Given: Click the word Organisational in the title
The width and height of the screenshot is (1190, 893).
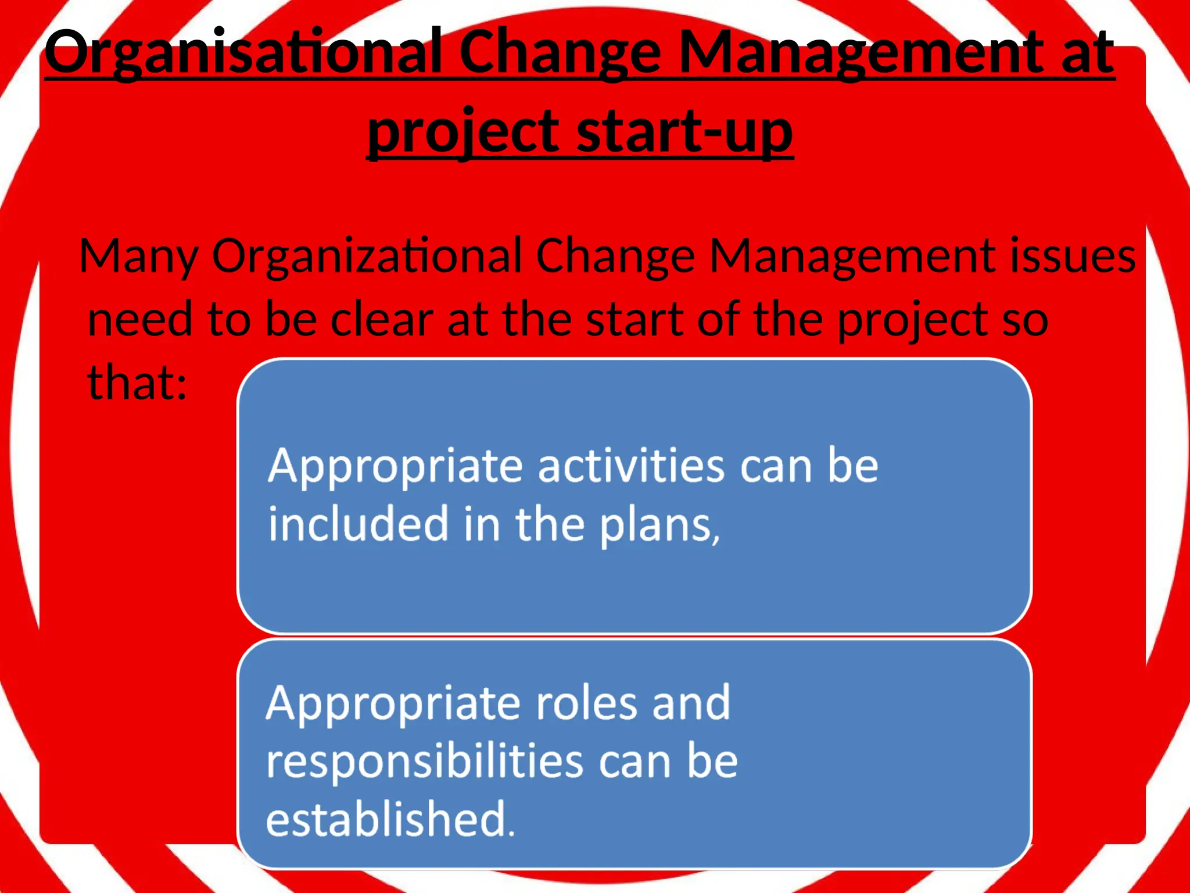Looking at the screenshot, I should pos(244,53).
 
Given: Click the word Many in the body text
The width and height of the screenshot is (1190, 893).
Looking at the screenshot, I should pos(139,257).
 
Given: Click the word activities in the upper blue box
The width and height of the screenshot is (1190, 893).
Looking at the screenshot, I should pos(631,466).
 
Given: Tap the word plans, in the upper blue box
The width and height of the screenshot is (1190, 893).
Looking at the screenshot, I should pos(660,526).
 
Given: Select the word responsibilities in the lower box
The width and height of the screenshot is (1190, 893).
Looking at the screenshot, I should pos(424,762).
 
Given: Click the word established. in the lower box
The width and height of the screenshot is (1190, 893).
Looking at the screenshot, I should pos(390,820).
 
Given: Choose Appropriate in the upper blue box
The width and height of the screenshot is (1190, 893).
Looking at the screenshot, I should pos(396,467).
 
